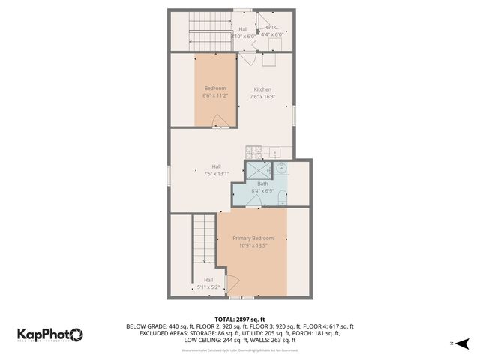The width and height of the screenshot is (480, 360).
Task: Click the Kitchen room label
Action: point(262,89)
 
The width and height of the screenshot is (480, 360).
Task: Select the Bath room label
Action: point(262,184)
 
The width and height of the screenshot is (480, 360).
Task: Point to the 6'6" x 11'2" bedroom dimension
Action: point(216,96)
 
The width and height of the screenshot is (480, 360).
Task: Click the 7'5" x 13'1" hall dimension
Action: point(216,173)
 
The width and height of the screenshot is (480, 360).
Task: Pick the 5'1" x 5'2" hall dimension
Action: point(208,286)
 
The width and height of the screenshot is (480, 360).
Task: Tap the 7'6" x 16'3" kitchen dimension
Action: point(262,96)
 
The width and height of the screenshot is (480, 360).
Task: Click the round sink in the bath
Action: point(280,168)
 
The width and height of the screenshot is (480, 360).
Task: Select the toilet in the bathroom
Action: point(281,197)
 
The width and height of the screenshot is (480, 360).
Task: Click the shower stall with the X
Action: point(257,169)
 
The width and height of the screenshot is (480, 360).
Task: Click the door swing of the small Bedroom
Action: point(219,121)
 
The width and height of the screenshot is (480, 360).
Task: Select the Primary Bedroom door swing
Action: point(230,284)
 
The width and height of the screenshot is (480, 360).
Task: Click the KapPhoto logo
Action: point(50,334)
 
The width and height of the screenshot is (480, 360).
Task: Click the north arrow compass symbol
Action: point(463,343)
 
